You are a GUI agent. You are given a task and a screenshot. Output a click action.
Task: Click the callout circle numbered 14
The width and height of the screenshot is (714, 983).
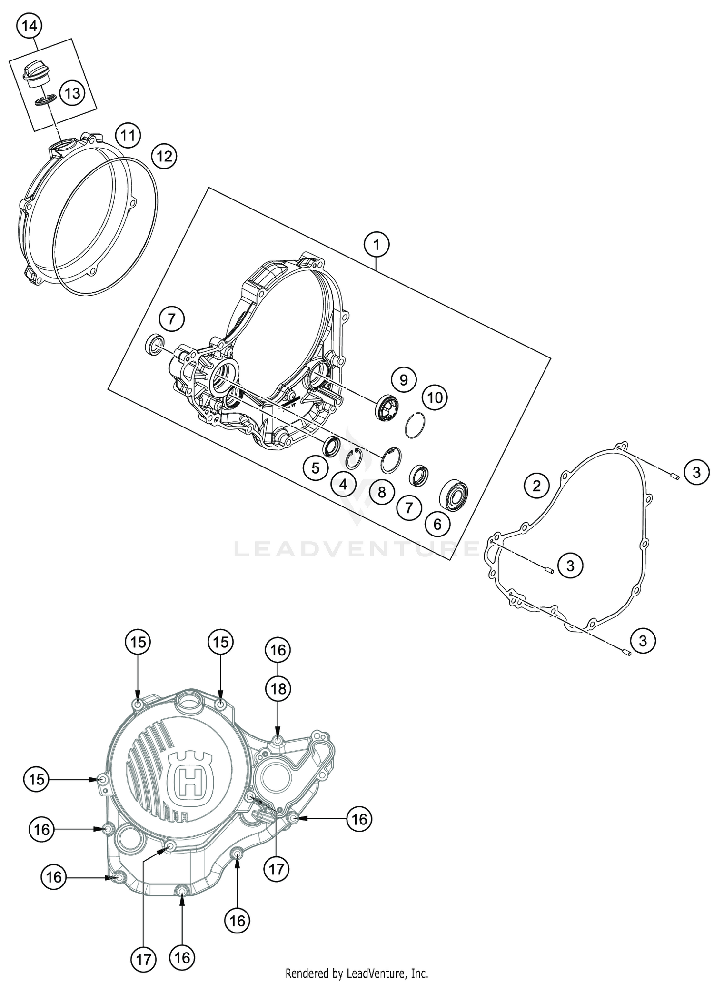(29, 26)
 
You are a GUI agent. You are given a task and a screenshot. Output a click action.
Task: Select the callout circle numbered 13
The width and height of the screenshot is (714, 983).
(72, 93)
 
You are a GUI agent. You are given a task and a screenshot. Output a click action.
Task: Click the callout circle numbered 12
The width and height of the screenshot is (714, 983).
(164, 156)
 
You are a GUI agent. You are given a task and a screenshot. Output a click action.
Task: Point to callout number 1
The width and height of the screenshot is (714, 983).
(377, 245)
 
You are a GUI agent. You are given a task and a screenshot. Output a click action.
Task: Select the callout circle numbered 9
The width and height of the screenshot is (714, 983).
(404, 380)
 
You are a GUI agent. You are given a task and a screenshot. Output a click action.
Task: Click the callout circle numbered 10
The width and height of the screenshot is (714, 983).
(435, 397)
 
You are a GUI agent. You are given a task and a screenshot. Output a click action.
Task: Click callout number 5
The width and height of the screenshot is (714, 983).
(316, 468)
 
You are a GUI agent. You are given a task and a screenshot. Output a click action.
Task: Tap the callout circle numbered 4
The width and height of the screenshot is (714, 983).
(344, 485)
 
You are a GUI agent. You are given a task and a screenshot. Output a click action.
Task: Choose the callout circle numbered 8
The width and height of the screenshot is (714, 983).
(381, 492)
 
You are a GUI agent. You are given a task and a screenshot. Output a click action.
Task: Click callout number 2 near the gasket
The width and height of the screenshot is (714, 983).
(536, 486)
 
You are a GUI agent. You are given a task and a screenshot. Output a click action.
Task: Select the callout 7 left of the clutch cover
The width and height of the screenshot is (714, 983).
(172, 319)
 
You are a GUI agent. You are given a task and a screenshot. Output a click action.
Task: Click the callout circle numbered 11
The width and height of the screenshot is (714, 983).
(128, 136)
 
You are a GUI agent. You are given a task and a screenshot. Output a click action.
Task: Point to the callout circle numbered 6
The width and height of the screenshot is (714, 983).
(437, 524)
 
